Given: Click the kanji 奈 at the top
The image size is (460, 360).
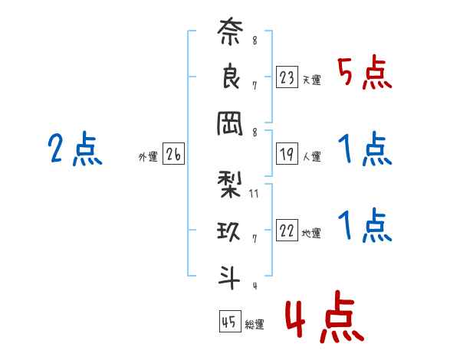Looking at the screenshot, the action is pyautogui.click(x=230, y=31).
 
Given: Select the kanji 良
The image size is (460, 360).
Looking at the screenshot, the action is pyautogui.click(x=231, y=76).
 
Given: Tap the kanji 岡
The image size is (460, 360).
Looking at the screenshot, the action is pyautogui.click(x=230, y=124).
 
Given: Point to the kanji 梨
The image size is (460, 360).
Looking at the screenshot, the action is pyautogui.click(x=229, y=185).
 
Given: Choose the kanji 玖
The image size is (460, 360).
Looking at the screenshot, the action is pyautogui.click(x=228, y=231).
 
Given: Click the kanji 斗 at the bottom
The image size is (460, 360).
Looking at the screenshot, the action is pyautogui.click(x=229, y=277).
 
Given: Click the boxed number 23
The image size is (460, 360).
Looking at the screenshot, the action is pyautogui.click(x=287, y=77).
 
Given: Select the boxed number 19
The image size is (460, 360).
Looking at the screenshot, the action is pyautogui.click(x=287, y=154).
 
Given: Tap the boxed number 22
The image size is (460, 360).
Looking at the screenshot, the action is pyautogui.click(x=287, y=230).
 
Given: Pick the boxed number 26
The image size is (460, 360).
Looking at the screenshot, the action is pyautogui.click(x=173, y=154).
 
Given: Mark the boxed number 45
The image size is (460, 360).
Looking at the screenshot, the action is pyautogui.click(x=230, y=321).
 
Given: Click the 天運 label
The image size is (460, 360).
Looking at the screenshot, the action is pyautogui.click(x=312, y=80).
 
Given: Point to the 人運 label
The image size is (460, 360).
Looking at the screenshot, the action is pyautogui.click(x=312, y=156).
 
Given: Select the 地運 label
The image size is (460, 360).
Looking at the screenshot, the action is pyautogui.click(x=311, y=233).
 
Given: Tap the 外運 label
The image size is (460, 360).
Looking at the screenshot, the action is pyautogui.click(x=148, y=157).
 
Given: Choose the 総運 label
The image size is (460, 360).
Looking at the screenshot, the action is pyautogui.click(x=255, y=324).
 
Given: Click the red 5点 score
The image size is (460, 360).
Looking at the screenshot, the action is pyautogui.click(x=365, y=73).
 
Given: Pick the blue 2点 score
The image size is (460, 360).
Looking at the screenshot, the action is pyautogui.click(x=75, y=149).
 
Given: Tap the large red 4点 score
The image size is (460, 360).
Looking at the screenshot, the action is pyautogui.click(x=325, y=316).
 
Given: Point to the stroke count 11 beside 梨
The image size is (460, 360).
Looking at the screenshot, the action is pyautogui.click(x=254, y=194).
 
